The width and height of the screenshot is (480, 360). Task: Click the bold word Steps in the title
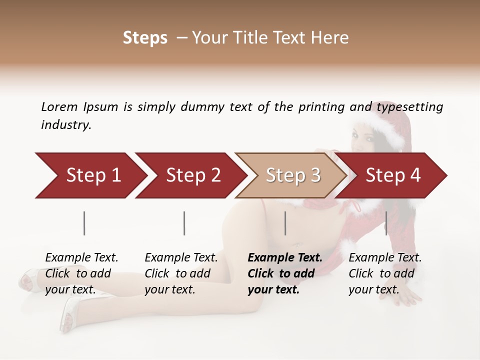click(x=145, y=38)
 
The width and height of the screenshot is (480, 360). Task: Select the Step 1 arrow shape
click(x=90, y=175)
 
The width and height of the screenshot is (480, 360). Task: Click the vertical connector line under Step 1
click(x=84, y=223)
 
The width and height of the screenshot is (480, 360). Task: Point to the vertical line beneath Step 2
click(x=184, y=223)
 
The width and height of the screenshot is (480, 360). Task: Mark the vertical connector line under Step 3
click(x=285, y=223)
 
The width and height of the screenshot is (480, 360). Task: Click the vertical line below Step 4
click(x=386, y=223)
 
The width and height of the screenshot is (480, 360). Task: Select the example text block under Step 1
click(x=81, y=273)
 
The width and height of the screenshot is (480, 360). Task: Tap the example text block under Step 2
click(x=181, y=273)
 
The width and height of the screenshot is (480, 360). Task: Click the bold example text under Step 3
click(x=285, y=273)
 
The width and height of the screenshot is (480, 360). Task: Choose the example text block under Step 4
click(x=385, y=273)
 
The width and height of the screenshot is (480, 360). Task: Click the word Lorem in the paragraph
click(x=59, y=107)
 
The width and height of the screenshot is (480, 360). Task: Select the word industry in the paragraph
click(x=66, y=125)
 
